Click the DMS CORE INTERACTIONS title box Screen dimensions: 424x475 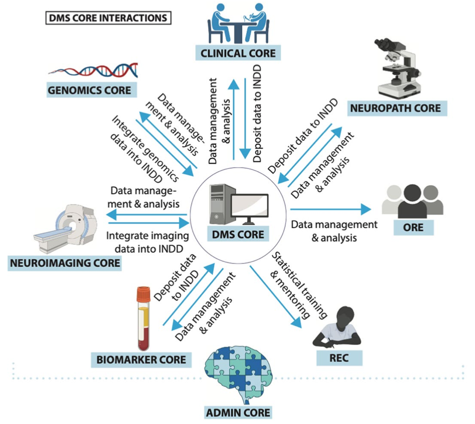(108, 18)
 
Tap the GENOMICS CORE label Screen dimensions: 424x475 (90, 90)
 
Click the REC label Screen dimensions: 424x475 (339, 358)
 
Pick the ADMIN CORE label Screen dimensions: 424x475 (238, 413)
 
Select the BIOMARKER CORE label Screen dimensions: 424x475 (138, 360)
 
